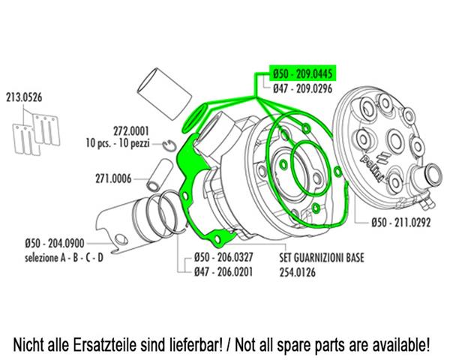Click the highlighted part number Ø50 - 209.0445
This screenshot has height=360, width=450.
pos(302,74)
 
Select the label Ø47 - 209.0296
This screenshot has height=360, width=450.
pos(302,88)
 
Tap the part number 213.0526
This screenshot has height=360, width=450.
pos(24,97)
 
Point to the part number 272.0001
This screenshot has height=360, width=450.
pos(131,131)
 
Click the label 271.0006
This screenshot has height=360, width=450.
pos(113,178)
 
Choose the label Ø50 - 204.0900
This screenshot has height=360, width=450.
pos(55,244)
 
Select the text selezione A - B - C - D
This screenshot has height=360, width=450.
pos(64,257)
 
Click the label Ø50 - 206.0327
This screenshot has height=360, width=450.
pos(223,257)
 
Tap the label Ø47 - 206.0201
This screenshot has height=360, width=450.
pos(223,271)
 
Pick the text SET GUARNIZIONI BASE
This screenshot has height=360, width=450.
pos(322,257)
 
